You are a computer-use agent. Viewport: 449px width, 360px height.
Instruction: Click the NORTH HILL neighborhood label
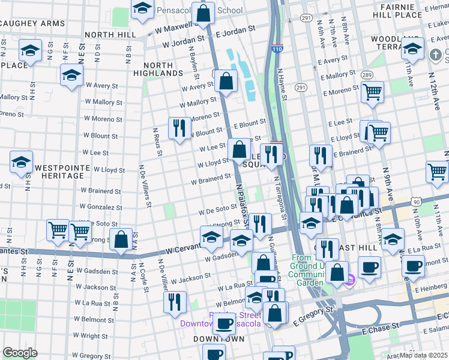click(110, 35)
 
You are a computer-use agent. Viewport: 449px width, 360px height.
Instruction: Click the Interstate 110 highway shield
click(277, 49)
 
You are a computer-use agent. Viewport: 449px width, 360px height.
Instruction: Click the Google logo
click(20, 352)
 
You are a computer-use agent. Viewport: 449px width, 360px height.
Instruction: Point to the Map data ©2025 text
click(423, 355)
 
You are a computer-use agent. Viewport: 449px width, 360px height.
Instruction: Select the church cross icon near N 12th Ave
click(436, 55)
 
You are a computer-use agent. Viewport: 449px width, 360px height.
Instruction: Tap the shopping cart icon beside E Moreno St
click(373, 92)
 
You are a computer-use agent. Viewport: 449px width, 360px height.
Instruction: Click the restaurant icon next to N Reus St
click(179, 128)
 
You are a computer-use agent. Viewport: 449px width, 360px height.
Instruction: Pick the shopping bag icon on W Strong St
click(121, 239)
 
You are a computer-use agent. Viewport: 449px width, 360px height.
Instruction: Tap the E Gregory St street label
click(312, 315)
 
